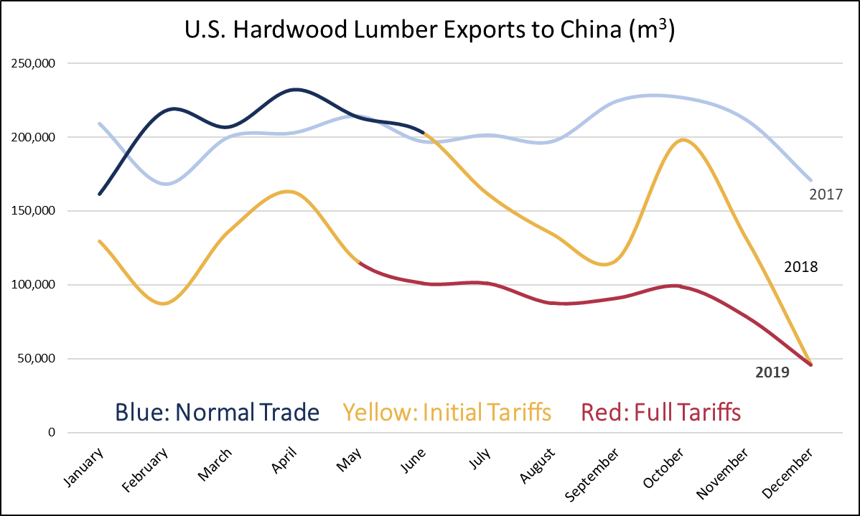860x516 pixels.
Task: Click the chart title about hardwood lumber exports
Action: point(429,32)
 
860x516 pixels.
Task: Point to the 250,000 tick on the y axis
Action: point(34,63)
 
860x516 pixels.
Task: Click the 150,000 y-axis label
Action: point(34,211)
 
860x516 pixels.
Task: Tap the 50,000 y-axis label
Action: point(37,359)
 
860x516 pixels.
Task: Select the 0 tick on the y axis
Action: point(51,433)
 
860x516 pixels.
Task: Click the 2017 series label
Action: point(825,194)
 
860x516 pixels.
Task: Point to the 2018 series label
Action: point(801,267)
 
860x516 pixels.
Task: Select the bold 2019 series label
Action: point(772,372)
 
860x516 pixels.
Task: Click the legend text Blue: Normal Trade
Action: point(217,412)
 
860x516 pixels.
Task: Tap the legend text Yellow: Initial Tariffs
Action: point(447,412)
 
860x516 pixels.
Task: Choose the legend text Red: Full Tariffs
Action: point(660,412)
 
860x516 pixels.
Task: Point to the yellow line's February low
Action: point(164,304)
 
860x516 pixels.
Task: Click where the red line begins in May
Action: point(358,263)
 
